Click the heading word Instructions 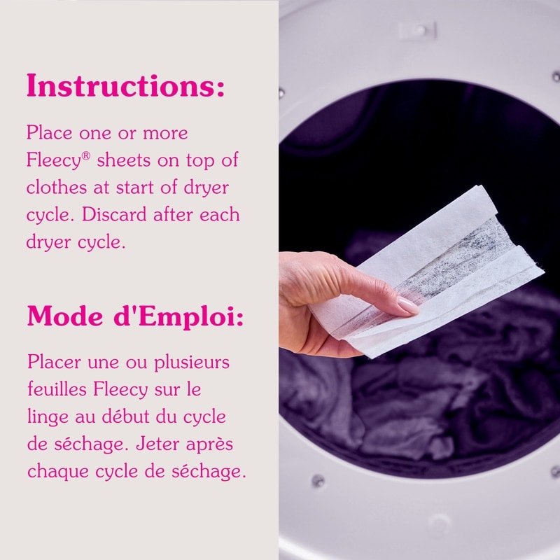125,85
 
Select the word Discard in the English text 114,215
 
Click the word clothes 57,188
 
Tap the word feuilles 57,389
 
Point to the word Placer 55,362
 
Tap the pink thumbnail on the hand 408,306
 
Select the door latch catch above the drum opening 418,30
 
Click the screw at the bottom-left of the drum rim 317,480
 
